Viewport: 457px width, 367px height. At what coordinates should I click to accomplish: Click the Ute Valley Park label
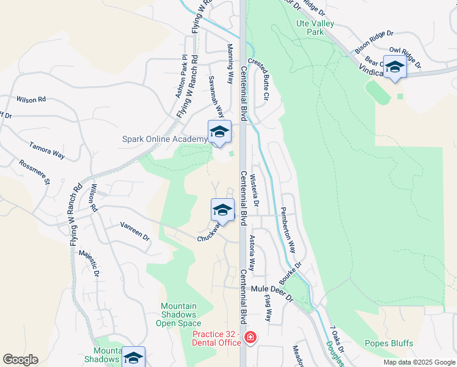pos(310,27)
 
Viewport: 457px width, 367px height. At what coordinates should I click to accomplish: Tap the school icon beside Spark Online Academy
pos(220,132)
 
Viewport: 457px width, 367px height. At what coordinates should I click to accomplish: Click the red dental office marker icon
pos(250,337)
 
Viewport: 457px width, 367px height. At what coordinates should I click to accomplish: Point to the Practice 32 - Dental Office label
pos(217,338)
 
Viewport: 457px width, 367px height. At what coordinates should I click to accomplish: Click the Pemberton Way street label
pos(288,230)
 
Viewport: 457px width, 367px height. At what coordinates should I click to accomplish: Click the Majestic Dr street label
pos(95,260)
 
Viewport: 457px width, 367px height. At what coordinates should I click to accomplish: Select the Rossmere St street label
pos(34,172)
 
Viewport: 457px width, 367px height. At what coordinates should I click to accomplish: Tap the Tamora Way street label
pos(47,150)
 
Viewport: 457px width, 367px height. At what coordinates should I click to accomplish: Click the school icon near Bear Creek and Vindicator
pos(395,67)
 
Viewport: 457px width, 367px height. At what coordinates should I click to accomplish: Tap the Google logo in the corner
pos(20,360)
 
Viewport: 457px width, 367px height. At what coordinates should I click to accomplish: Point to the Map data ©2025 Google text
pos(419,362)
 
